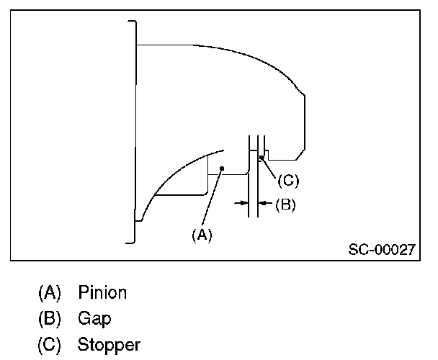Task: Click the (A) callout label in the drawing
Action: tap(202, 234)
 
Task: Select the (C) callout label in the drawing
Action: tap(288, 181)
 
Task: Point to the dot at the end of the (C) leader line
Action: tap(261, 156)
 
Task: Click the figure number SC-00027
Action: tap(382, 251)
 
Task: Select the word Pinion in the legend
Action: tap(103, 293)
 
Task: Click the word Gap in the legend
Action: tap(95, 318)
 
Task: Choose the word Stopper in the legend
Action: tap(109, 343)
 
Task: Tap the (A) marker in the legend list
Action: tap(50, 293)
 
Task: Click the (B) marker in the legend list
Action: tap(50, 318)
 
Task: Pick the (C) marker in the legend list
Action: tap(50, 343)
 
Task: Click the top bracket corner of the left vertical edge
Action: tap(132, 22)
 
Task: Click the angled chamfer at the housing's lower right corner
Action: tap(301, 153)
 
